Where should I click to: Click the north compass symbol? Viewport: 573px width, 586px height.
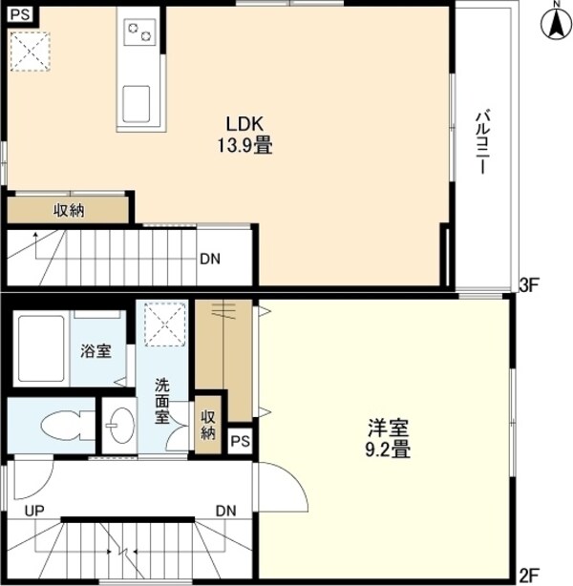pos(557,23)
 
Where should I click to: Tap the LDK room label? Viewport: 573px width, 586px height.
pos(245,124)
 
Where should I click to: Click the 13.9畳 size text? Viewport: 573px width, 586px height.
pos(245,145)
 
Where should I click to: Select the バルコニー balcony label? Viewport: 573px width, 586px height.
pos(482,141)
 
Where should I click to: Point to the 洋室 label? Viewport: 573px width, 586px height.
pos(388,428)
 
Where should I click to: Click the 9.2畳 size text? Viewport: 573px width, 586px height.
pos(388,450)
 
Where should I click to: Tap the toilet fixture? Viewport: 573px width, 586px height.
pos(68,426)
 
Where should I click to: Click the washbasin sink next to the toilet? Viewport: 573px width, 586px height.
pos(119,426)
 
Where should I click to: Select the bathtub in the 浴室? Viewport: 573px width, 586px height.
pos(41,348)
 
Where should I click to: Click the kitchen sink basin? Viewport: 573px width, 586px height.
pos(137,104)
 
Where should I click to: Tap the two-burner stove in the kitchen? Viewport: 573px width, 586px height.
pos(139,32)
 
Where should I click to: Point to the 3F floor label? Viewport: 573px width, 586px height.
pos(529,285)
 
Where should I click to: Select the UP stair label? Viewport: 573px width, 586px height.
pos(34,511)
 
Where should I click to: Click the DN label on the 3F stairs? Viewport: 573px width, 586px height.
pos(210,259)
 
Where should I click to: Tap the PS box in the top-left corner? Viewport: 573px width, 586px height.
pos(20,15)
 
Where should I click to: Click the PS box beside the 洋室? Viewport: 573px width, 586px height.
pos(240,441)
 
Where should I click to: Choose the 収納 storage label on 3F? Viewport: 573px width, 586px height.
pos(69,211)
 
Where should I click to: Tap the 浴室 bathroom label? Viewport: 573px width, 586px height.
pos(96,351)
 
